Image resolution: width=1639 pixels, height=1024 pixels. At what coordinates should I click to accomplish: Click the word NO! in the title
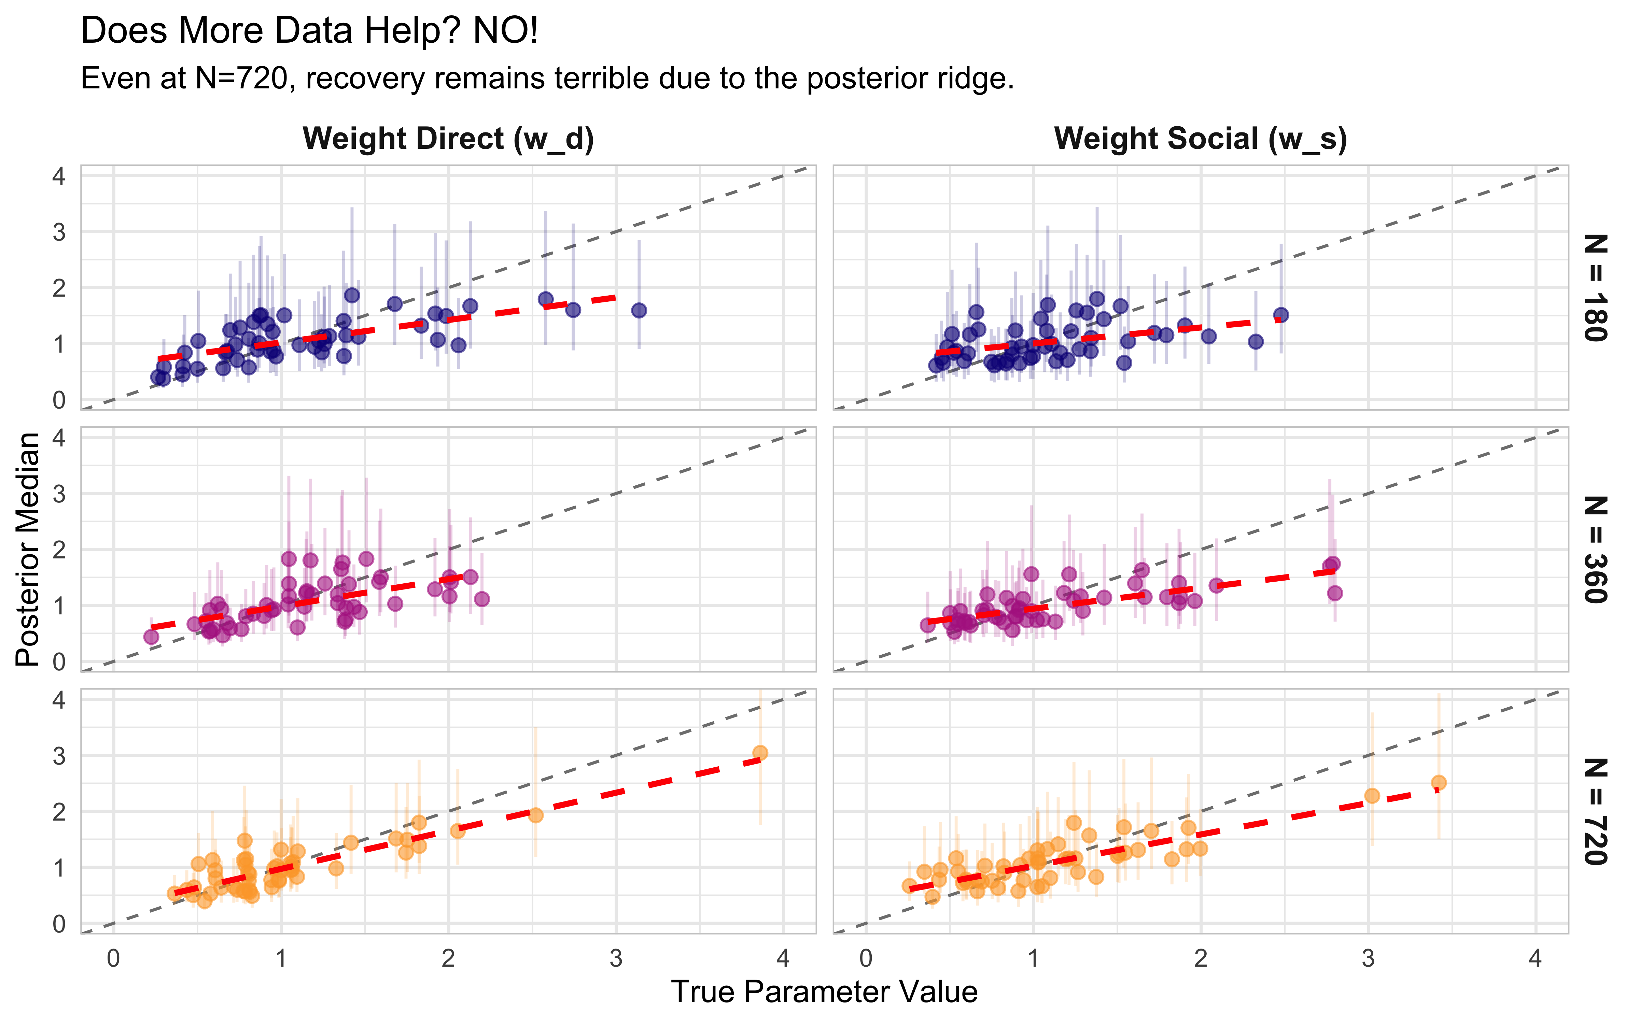(505, 31)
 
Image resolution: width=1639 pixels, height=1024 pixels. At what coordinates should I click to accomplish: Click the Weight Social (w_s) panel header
(1200, 139)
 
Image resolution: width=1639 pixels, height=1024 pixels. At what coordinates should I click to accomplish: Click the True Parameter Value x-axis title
(824, 992)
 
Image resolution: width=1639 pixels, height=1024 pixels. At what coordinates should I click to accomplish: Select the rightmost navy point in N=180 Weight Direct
(639, 310)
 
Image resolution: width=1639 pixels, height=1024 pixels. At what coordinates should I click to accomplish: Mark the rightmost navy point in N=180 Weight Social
(1281, 315)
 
